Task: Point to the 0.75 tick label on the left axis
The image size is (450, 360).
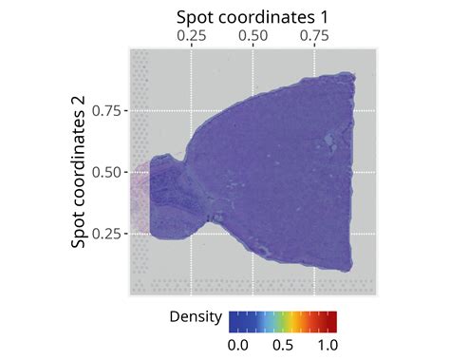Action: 107,110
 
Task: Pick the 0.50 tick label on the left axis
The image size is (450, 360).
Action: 107,172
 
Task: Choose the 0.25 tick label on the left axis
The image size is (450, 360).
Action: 107,234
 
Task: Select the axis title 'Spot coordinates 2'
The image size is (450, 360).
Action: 81,172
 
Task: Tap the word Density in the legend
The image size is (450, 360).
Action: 196,316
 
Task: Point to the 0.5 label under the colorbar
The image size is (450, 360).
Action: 284,341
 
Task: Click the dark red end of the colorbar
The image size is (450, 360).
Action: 332,318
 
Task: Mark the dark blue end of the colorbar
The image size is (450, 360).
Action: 234,318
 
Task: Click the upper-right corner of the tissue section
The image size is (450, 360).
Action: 350,76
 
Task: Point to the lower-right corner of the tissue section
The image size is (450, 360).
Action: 349,269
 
